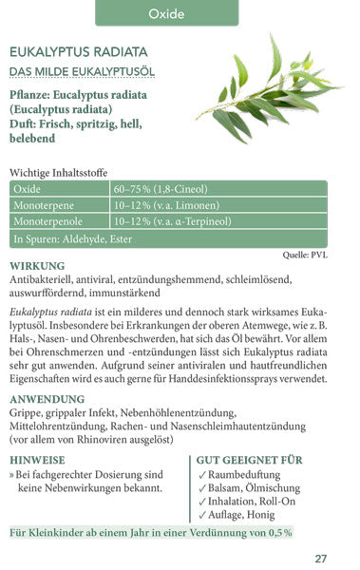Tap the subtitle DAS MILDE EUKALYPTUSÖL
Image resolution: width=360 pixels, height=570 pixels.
pyautogui.click(x=82, y=72)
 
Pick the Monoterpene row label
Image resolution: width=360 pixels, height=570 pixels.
pyautogui.click(x=41, y=205)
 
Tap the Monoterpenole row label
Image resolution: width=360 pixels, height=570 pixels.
pyautogui.click(x=45, y=221)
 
